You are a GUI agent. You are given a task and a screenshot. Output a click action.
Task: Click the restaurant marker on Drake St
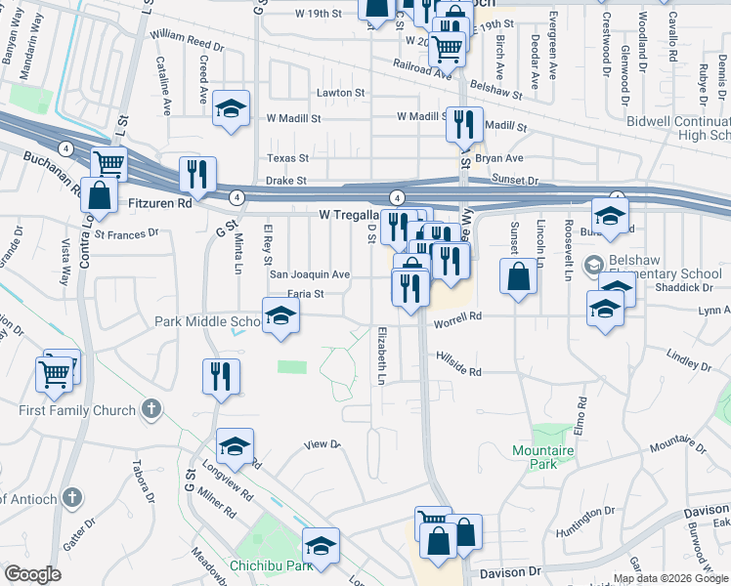tap(197, 175)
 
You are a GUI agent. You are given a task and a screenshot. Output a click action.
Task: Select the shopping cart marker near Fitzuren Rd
tap(109, 164)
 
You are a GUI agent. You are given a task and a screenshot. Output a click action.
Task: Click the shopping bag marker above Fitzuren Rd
tap(100, 195)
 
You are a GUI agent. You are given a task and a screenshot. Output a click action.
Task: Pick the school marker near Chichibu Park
tap(321, 547)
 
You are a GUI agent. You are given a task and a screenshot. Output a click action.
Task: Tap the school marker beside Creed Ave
tap(232, 109)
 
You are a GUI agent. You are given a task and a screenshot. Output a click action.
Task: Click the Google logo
tap(32, 574)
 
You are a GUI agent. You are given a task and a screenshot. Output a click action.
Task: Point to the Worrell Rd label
tap(459, 316)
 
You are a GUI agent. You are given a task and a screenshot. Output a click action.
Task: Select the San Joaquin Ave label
tap(310, 275)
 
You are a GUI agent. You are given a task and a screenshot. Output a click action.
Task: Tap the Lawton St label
tap(340, 94)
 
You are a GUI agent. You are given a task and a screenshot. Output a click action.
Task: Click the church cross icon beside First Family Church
tap(150, 408)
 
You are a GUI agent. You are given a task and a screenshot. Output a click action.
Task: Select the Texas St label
tap(289, 158)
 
